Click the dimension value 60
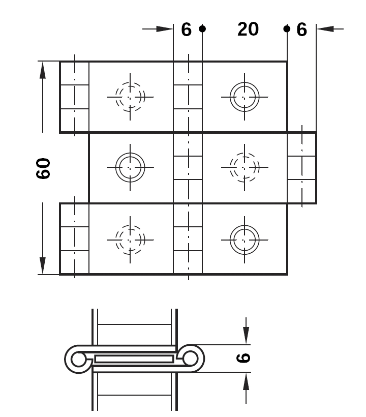pyautogui.click(x=43, y=168)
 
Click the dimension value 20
pyautogui.click(x=248, y=29)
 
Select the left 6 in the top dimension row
pyautogui.click(x=187, y=29)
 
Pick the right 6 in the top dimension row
pyautogui.click(x=301, y=29)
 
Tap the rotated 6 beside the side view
pyautogui.click(x=243, y=358)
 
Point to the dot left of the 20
pyautogui.click(x=202, y=28)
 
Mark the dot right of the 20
pyautogui.click(x=287, y=28)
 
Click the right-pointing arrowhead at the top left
pyautogui.click(x=165, y=28)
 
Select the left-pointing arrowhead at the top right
pyautogui.click(x=325, y=28)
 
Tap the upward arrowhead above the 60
pyautogui.click(x=43, y=70)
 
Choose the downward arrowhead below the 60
pyautogui.click(x=43, y=265)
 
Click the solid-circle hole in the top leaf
pyautogui.click(x=245, y=97)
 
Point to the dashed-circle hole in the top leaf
pyautogui.click(x=130, y=97)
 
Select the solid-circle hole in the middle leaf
pyautogui.click(x=130, y=167)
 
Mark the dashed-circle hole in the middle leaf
pyautogui.click(x=245, y=167)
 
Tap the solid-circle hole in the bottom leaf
pyautogui.click(x=245, y=240)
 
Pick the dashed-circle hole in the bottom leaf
pyautogui.click(x=130, y=240)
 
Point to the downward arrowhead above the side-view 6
pyautogui.click(x=246, y=335)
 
